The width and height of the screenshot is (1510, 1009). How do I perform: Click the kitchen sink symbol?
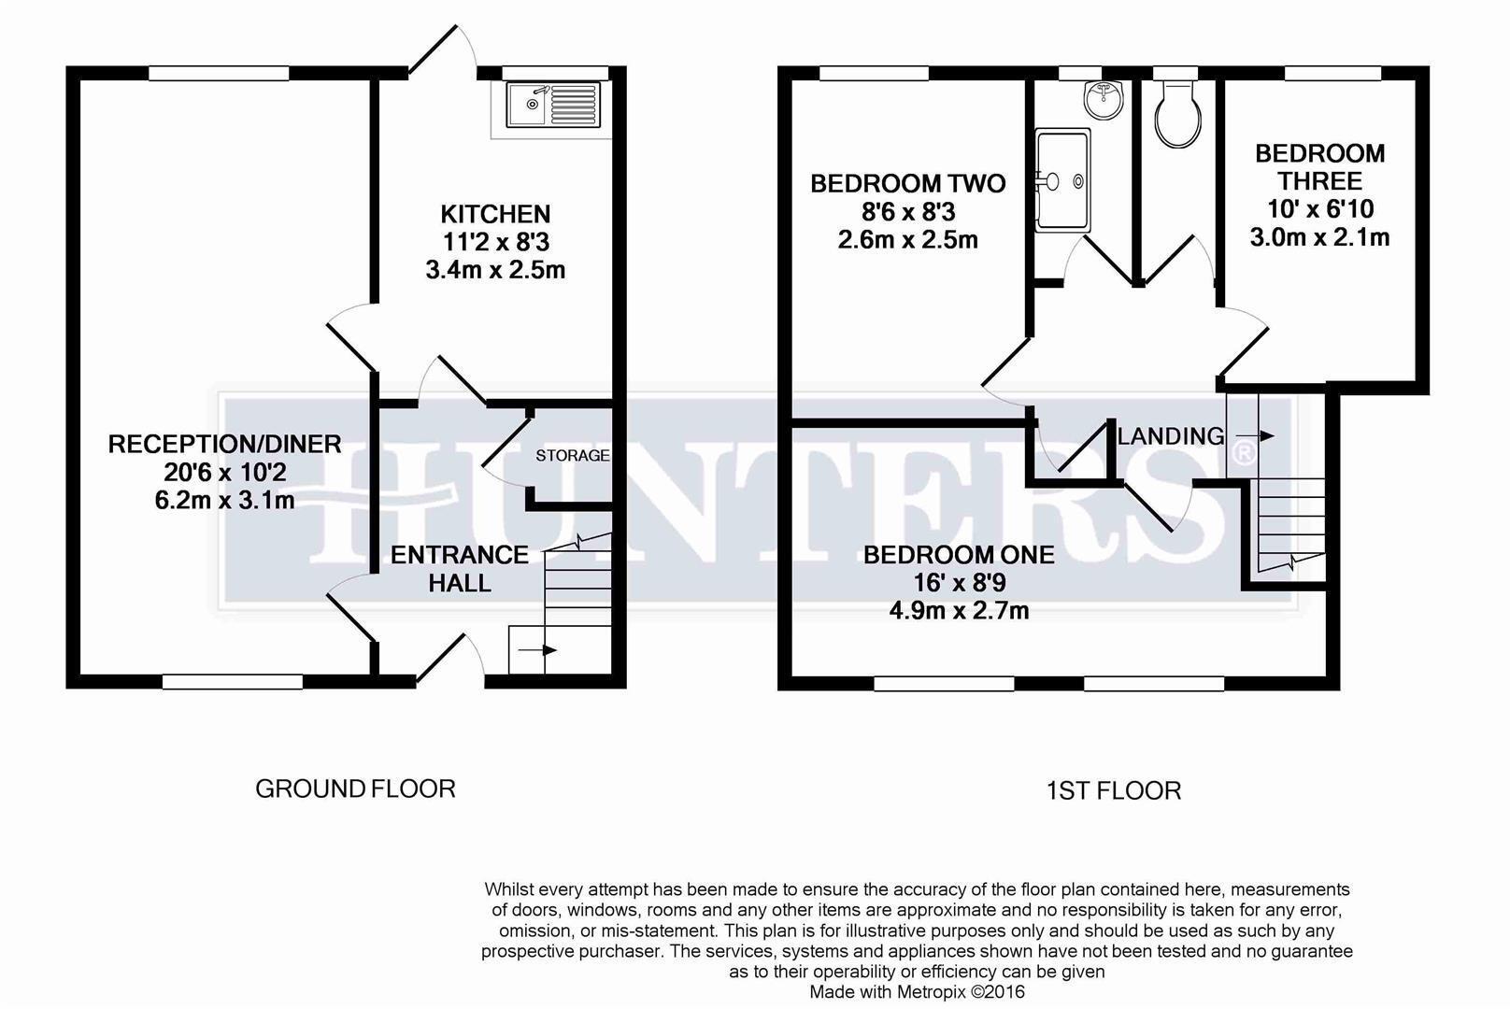pos(552,105)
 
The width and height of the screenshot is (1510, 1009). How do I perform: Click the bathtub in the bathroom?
pos(1062,179)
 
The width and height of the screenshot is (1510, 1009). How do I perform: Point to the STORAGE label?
pos(572,456)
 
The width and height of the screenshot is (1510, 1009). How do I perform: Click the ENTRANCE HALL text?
pos(459,569)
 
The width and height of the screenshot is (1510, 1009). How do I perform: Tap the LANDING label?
pos(1171,436)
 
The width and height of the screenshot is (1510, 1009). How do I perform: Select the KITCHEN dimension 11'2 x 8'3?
pos(495,243)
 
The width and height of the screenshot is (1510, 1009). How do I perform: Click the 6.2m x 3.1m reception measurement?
pos(224,501)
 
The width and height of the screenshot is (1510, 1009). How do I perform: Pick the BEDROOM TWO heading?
pos(907,183)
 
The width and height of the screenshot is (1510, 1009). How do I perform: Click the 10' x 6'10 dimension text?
pos(1319,209)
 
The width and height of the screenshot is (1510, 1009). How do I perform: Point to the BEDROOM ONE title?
pos(959,555)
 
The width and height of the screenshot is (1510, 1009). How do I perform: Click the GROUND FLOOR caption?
pos(355,789)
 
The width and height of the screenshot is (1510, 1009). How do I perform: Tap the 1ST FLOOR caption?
pos(1113,791)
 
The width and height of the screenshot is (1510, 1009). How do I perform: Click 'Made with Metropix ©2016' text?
pos(917,992)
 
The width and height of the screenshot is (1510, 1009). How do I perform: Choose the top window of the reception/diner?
pos(220,72)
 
